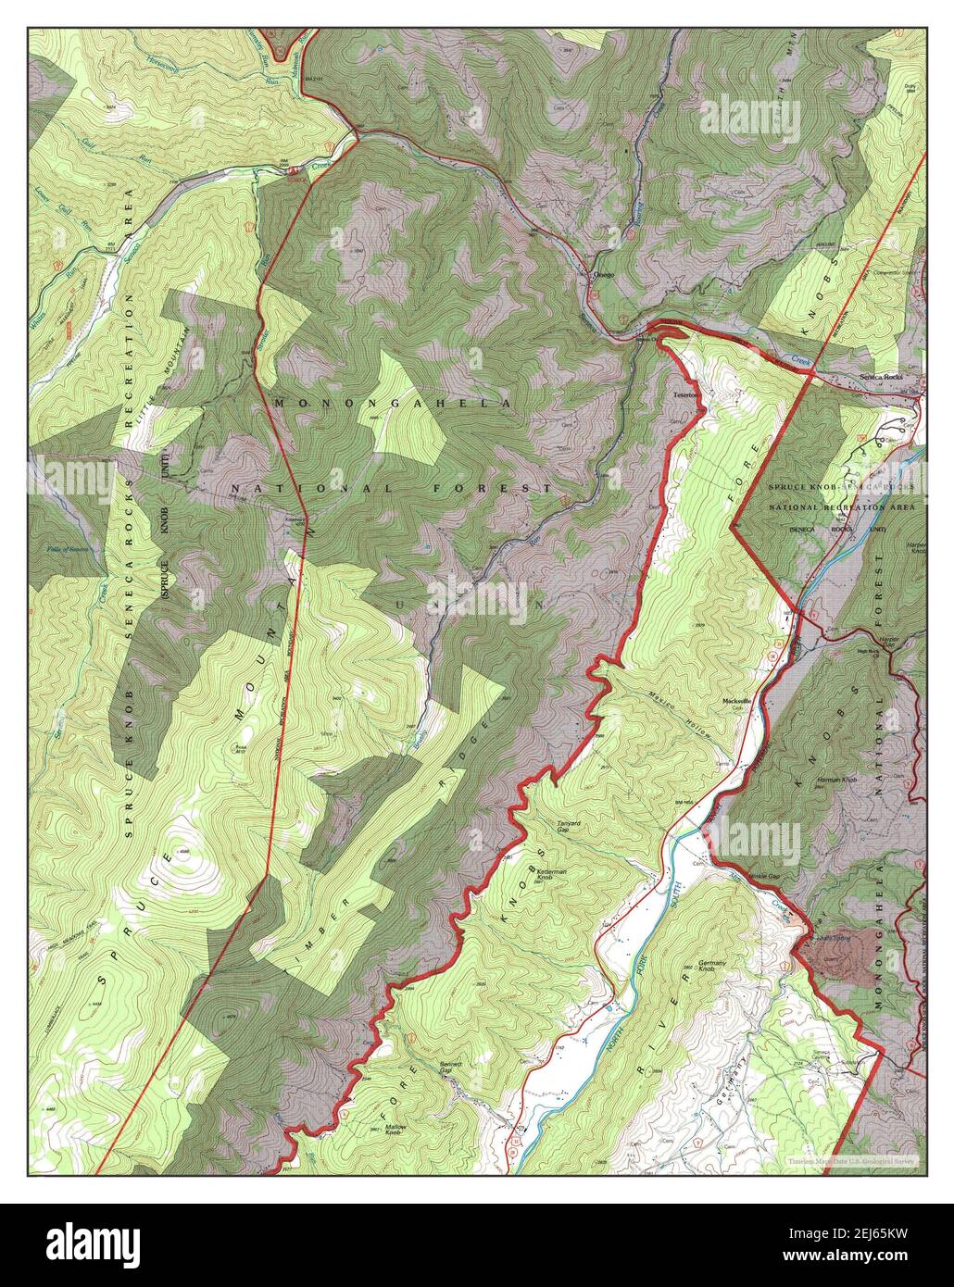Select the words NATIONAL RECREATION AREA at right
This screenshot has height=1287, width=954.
(843, 507)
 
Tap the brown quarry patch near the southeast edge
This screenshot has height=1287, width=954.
(839, 952)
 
